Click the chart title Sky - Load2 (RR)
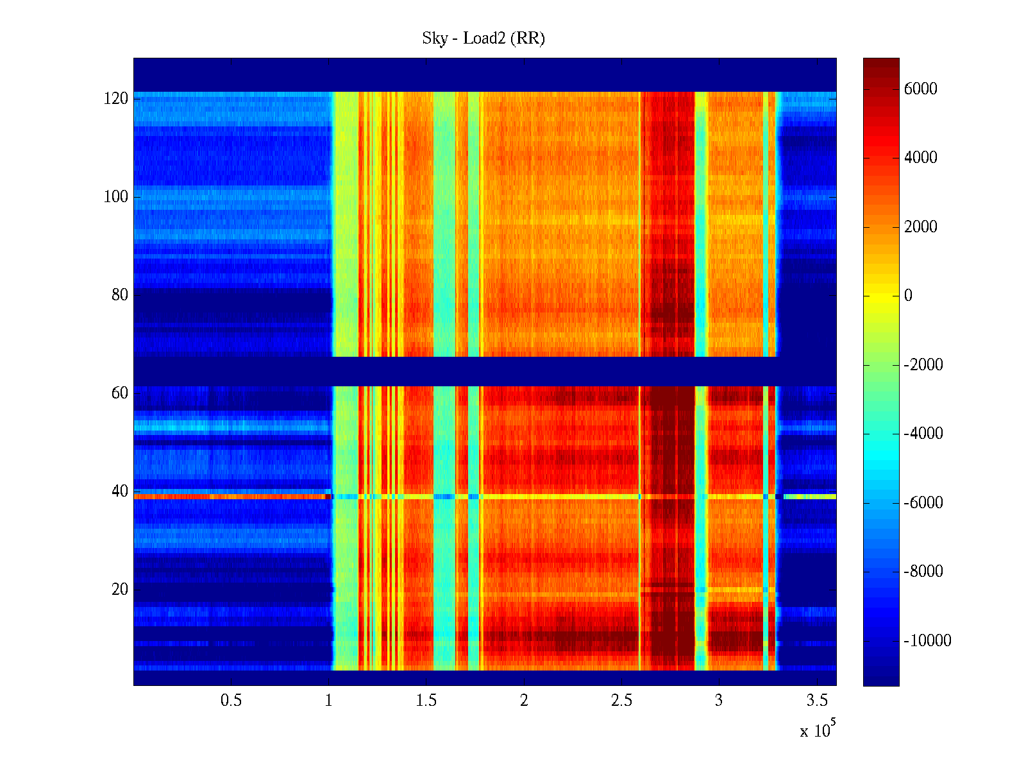pyautogui.click(x=483, y=38)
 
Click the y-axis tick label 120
pyautogui.click(x=116, y=99)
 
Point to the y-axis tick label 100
pyautogui.click(x=116, y=197)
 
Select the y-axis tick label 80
pyautogui.click(x=120, y=295)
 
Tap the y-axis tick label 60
pyautogui.click(x=120, y=393)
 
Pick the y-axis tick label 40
pyautogui.click(x=120, y=492)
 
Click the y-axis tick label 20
pyautogui.click(x=120, y=590)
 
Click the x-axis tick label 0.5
pyautogui.click(x=231, y=701)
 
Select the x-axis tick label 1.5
pyautogui.click(x=426, y=701)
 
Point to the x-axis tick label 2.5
pyautogui.click(x=621, y=701)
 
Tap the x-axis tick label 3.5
pyautogui.click(x=817, y=701)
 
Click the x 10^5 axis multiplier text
pyautogui.click(x=817, y=730)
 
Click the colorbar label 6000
pyautogui.click(x=920, y=89)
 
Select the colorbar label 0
pyautogui.click(x=908, y=296)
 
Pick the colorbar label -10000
pyautogui.click(x=927, y=641)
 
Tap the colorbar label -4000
pyautogui.click(x=923, y=434)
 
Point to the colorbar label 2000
pyautogui.click(x=920, y=227)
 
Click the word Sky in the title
pyautogui.click(x=434, y=38)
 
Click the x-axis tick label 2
pyautogui.click(x=524, y=701)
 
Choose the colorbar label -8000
pyautogui.click(x=923, y=572)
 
